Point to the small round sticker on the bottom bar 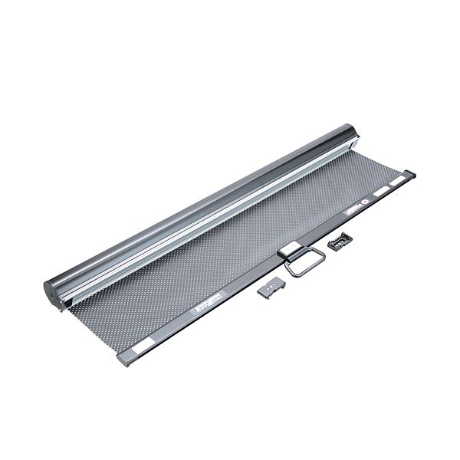click(x=366, y=205)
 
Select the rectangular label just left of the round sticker click(x=353, y=209)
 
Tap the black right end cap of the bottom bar click(x=412, y=175)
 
